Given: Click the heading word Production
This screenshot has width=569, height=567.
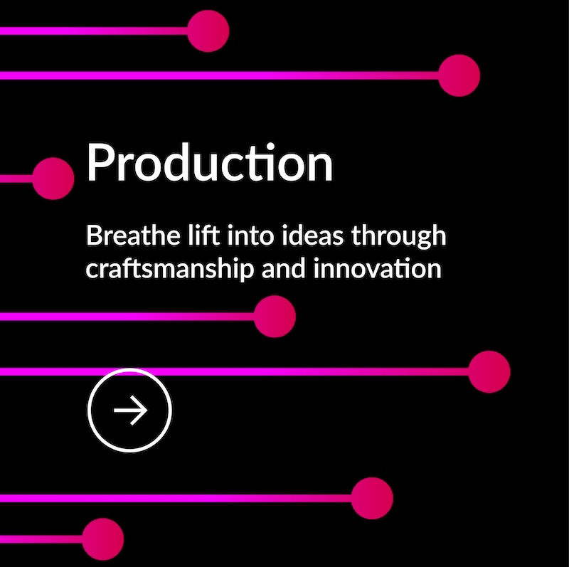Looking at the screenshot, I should pyautogui.click(x=210, y=164).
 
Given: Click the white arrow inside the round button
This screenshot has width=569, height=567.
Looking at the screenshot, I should pyautogui.click(x=130, y=410).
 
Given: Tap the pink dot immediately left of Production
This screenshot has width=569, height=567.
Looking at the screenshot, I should pyautogui.click(x=53, y=179).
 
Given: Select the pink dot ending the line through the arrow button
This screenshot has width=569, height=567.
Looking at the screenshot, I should pyautogui.click(x=489, y=371).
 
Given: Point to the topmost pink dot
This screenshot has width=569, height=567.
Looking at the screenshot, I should pyautogui.click(x=208, y=31).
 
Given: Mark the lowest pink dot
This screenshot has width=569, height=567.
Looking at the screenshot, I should pyautogui.click(x=103, y=539).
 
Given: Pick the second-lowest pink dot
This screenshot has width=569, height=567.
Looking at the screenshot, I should pyautogui.click(x=372, y=498).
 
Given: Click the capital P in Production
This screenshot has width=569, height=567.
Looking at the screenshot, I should pyautogui.click(x=98, y=164).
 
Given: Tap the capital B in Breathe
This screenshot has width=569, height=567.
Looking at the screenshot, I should pyautogui.click(x=93, y=236).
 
